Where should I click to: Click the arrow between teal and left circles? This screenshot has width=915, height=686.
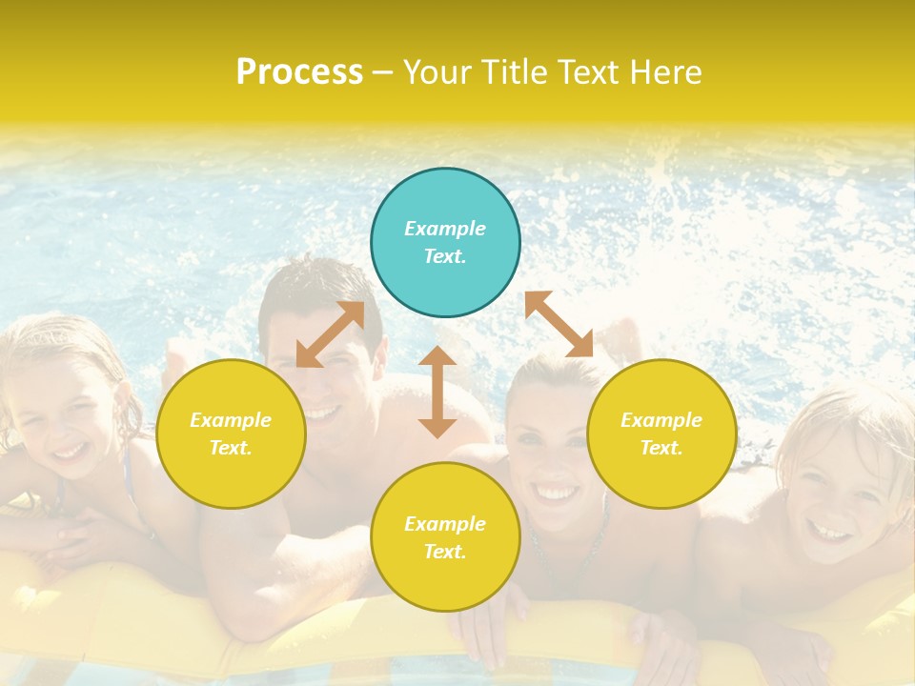[x=330, y=334]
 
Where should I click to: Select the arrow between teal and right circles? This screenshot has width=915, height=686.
[x=559, y=324]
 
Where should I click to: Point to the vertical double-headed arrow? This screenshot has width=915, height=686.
[x=437, y=392]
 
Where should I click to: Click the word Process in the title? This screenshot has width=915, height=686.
[x=299, y=71]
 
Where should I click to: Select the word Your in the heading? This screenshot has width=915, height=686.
[x=438, y=71]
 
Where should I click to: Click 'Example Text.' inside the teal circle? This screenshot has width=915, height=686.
[x=445, y=242]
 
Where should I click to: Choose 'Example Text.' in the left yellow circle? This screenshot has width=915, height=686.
[x=231, y=434]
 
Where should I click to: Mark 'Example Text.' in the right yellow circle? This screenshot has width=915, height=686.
[x=661, y=434]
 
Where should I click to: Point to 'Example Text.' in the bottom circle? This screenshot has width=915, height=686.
[x=445, y=537]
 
